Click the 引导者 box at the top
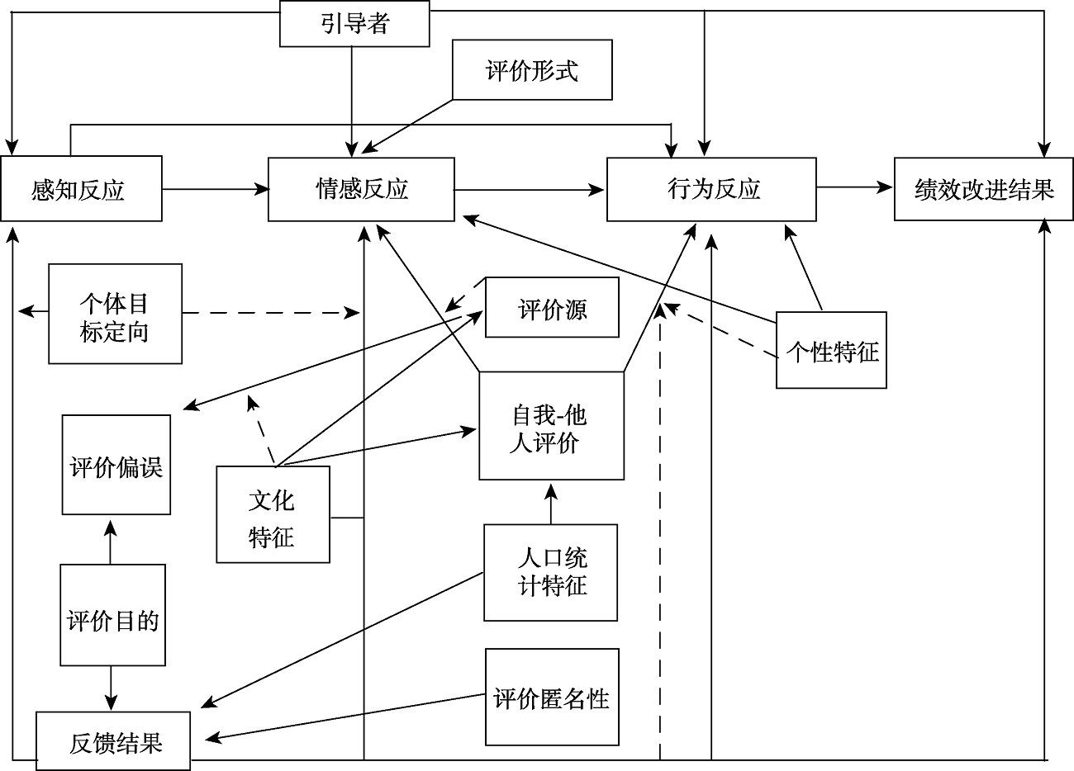(x=355, y=23)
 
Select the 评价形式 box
(x=532, y=70)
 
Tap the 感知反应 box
(x=80, y=190)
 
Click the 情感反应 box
(x=361, y=190)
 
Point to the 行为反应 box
(x=711, y=190)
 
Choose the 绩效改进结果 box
(x=984, y=190)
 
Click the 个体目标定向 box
(x=115, y=314)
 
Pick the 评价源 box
(x=552, y=308)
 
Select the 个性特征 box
(x=831, y=350)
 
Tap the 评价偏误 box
(x=116, y=465)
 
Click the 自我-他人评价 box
(x=551, y=426)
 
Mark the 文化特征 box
(x=273, y=515)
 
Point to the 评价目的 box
(x=112, y=615)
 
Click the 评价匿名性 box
(x=551, y=697)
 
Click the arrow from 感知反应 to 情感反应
(x=215, y=190)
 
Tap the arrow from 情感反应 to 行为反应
(x=530, y=191)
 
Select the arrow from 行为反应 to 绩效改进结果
(x=855, y=188)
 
